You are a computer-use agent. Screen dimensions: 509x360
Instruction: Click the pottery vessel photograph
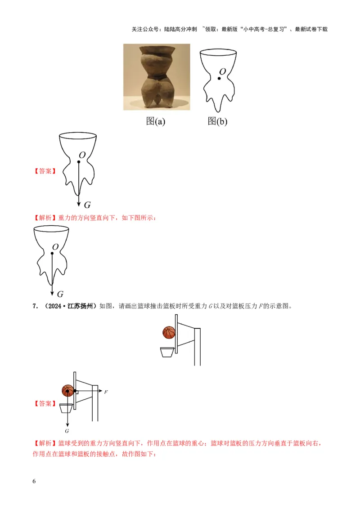156,77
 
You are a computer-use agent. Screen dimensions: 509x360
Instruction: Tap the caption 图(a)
156,121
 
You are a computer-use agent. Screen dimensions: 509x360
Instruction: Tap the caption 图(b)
217,121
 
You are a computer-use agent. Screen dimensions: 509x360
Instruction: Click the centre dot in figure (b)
219,79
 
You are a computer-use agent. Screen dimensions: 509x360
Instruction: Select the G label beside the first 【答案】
87,205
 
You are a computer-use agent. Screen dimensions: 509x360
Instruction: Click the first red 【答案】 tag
45,171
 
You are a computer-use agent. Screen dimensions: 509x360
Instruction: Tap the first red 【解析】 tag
45,218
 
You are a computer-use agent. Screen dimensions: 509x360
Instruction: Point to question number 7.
35,307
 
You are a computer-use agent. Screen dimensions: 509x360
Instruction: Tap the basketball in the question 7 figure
169,333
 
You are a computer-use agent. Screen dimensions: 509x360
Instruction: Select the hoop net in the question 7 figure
167,351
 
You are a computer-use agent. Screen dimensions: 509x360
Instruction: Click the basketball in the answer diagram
67,390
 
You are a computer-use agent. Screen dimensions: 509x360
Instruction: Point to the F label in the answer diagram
106,392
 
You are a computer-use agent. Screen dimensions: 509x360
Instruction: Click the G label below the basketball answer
67,431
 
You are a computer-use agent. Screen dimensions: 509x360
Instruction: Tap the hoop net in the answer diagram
66,408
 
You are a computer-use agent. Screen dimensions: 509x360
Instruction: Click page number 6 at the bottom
35,481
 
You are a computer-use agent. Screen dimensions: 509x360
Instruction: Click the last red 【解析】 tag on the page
45,444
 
